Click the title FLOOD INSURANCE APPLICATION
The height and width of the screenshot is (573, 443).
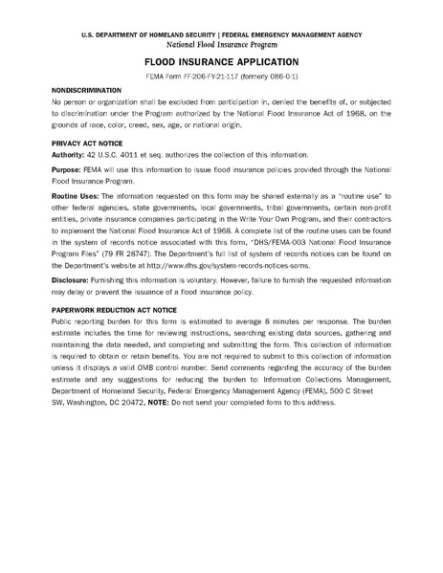(x=221, y=60)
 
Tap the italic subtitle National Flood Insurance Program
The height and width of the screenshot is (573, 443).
(x=221, y=44)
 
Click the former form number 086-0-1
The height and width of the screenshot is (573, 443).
(x=284, y=75)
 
